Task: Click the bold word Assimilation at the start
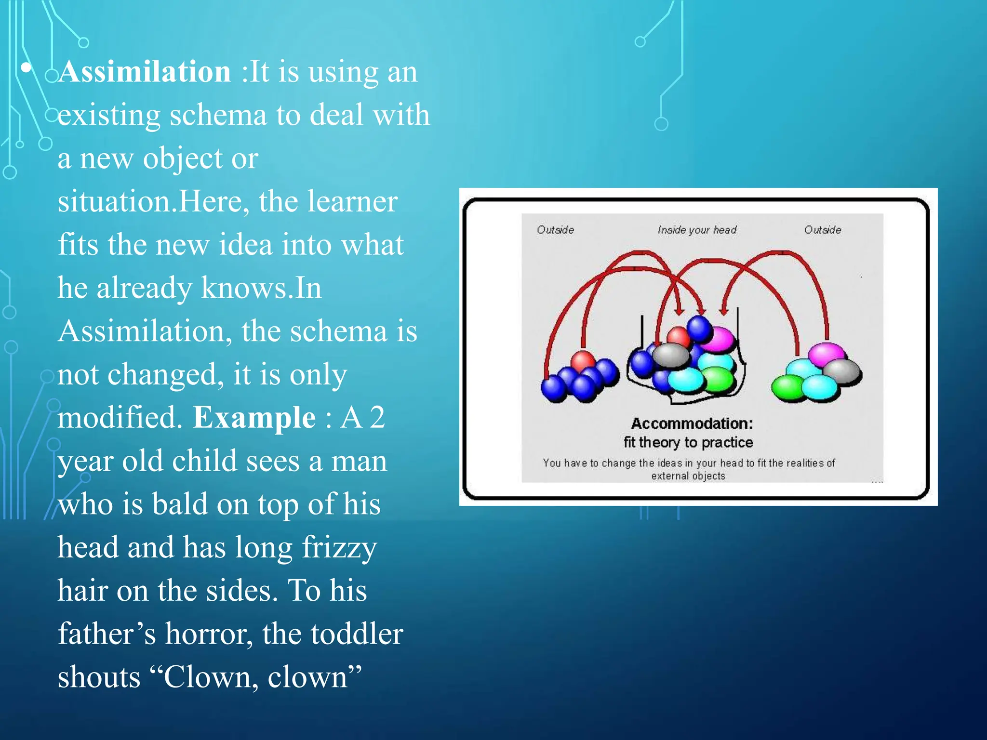[145, 72]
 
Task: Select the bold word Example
[254, 418]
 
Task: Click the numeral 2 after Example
[377, 418]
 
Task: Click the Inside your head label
[697, 230]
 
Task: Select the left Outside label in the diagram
[555, 230]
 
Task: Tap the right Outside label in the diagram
[822, 230]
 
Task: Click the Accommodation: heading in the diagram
[692, 423]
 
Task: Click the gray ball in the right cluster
[842, 372]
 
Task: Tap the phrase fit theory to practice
[688, 442]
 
